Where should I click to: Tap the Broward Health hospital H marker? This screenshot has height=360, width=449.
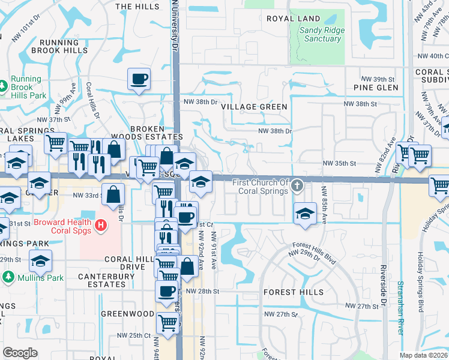pyautogui.click(x=101, y=225)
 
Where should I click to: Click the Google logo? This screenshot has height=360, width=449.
pyautogui.click(x=20, y=352)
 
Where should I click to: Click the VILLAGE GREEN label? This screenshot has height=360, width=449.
pyautogui.click(x=254, y=106)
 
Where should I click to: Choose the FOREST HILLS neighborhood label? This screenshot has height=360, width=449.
pyautogui.click(x=294, y=292)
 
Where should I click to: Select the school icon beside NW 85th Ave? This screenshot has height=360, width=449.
pyautogui.click(x=305, y=212)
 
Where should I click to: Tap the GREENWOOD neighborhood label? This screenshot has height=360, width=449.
pyautogui.click(x=127, y=314)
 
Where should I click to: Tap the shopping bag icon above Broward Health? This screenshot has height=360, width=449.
pyautogui.click(x=113, y=193)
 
